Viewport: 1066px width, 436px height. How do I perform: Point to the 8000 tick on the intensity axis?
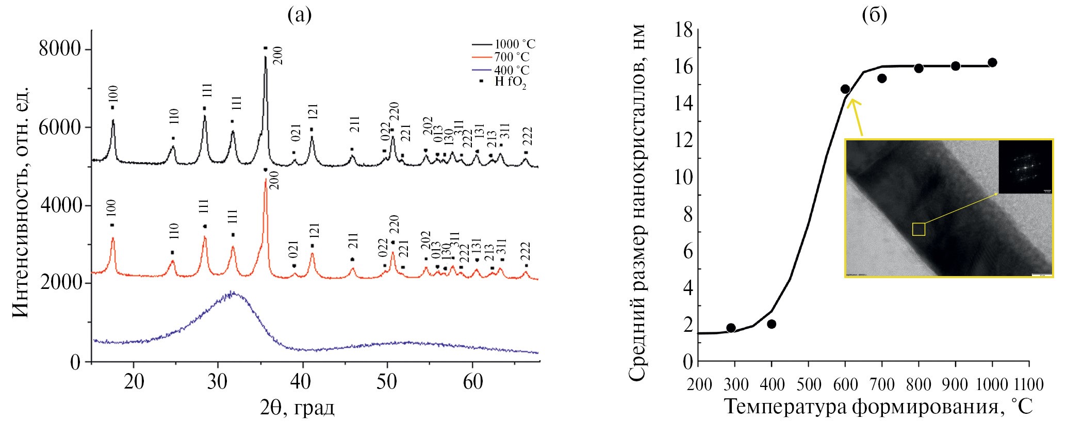tap(60, 49)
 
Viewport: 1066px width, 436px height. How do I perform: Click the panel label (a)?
tap(300, 15)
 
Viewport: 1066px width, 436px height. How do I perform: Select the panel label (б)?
tap(875, 15)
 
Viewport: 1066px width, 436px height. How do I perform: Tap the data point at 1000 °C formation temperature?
tap(992, 63)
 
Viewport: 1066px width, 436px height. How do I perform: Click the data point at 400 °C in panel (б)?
tap(772, 324)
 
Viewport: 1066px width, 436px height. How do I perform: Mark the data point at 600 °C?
tap(845, 89)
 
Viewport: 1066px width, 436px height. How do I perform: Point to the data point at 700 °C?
tap(882, 78)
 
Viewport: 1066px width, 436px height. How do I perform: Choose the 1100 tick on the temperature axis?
tap(1028, 385)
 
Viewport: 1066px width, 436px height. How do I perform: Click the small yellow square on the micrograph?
tap(919, 229)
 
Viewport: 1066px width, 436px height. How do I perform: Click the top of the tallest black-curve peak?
tap(266, 57)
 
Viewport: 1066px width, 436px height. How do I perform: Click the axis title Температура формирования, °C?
tap(879, 408)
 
